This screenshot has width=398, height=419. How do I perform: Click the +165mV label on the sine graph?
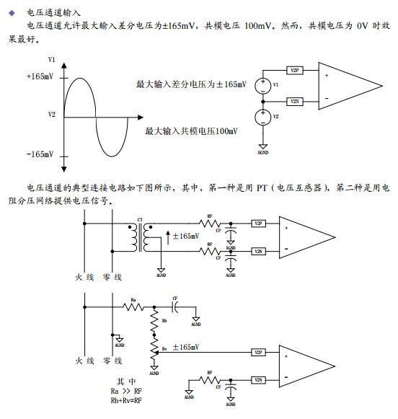[x=40, y=76]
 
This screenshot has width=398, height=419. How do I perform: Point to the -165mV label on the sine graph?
[x=40, y=154]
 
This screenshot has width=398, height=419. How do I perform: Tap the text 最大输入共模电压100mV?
[x=191, y=131]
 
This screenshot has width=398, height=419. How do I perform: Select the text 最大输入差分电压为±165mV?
[x=191, y=84]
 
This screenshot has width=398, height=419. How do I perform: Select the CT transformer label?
[x=140, y=219]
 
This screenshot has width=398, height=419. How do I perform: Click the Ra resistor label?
[x=133, y=299]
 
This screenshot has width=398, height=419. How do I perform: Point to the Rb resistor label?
[x=165, y=319]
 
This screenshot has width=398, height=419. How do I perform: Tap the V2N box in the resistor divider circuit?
[x=258, y=380]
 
